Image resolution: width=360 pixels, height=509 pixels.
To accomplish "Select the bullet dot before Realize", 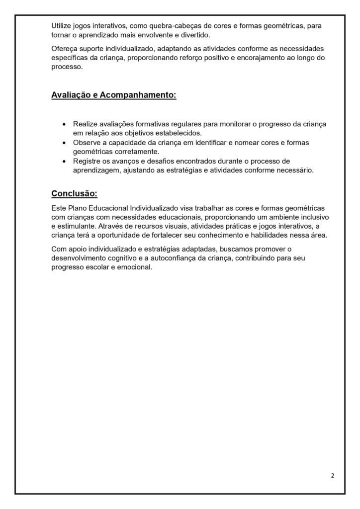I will coord(63,124).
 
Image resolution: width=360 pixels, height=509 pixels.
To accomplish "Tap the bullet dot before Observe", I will coord(63,143).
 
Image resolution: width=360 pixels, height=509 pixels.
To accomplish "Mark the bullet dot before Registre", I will coord(63,161).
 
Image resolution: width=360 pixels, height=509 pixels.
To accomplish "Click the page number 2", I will coord(332,476).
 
